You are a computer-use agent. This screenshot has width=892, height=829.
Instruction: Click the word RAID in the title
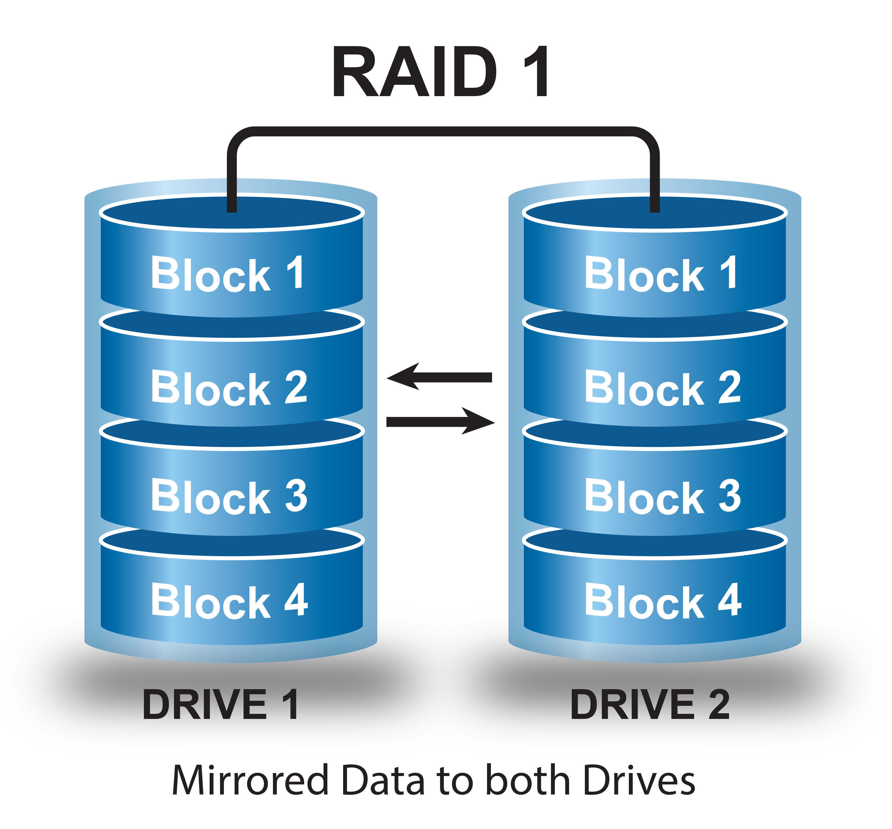[414, 72]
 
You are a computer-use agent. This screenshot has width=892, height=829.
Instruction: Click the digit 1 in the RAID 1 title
[536, 72]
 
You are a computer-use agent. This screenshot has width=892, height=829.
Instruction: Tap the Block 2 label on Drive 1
[229, 388]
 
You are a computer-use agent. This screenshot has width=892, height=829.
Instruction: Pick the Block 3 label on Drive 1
[229, 497]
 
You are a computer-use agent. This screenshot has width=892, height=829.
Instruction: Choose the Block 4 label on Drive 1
[229, 601]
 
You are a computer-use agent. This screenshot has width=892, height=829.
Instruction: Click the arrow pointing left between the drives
[439, 377]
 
